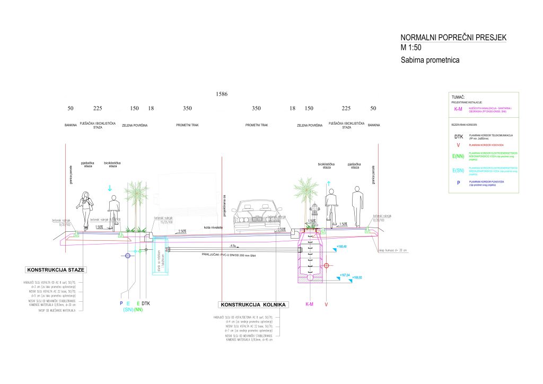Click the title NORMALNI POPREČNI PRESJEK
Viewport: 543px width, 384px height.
[x=454, y=38]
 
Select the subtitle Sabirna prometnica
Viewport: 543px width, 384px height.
[x=430, y=60]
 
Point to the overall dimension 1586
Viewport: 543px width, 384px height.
[x=222, y=94]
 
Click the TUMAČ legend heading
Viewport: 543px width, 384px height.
[x=458, y=98]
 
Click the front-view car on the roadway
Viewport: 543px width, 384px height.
[x=257, y=217]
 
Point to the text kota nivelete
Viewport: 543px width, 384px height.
[x=212, y=228]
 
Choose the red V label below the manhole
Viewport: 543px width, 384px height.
[x=326, y=304]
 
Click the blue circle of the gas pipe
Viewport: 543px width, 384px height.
[x=128, y=256]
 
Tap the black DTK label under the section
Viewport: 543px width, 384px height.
[x=146, y=303]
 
